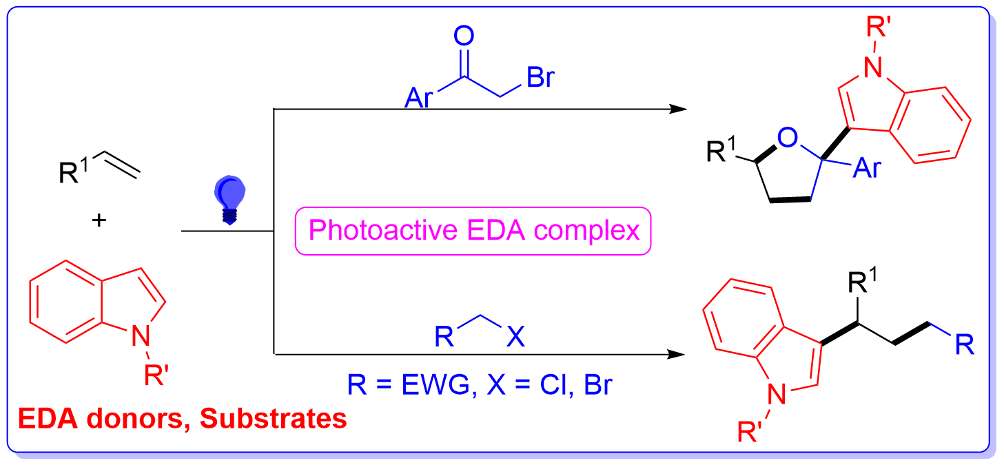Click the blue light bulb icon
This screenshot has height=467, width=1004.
point(229,200)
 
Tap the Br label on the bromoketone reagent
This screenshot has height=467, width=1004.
point(540,77)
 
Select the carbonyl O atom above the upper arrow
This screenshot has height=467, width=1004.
point(464,36)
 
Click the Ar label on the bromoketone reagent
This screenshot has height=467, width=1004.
point(419,98)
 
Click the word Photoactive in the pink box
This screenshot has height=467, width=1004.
point(383,230)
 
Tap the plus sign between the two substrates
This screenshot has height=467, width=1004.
point(99,220)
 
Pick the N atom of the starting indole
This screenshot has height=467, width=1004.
point(141,335)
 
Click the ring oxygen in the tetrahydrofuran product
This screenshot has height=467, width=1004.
point(788,137)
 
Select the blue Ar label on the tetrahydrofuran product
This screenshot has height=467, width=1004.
point(868,169)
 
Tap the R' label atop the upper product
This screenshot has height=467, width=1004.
point(878,26)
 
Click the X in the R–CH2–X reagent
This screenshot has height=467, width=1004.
point(515,336)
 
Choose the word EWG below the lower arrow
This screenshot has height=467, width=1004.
point(436,384)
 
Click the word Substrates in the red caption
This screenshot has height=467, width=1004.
point(274,419)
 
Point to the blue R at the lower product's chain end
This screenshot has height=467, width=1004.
point(965,344)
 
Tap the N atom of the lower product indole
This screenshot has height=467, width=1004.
point(777,395)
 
